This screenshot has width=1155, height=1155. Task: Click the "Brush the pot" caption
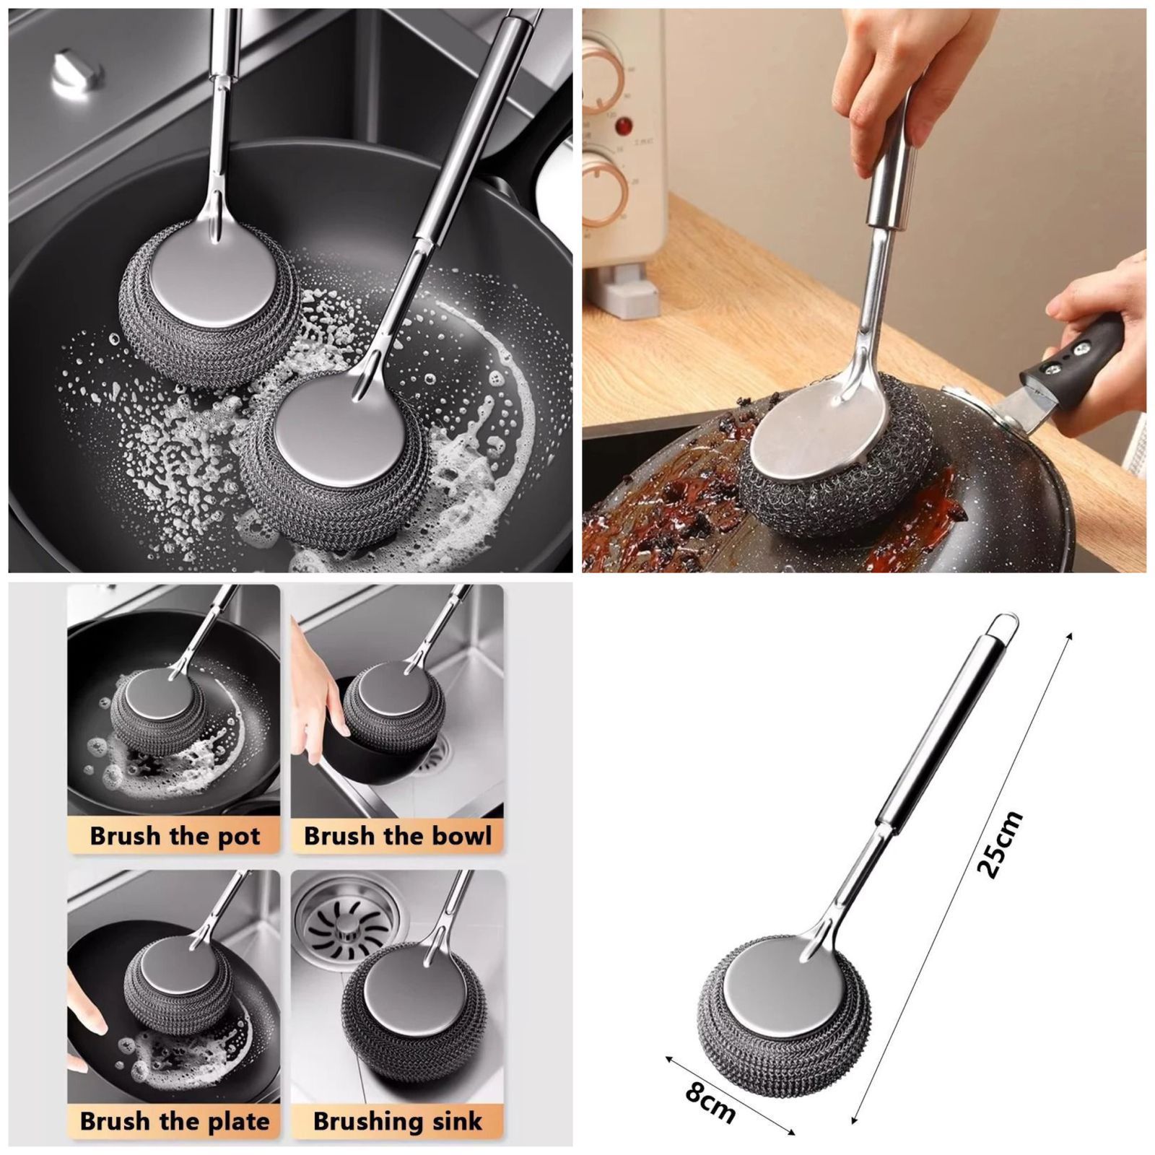[174, 836]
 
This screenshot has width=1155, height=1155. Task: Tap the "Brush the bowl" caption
[397, 836]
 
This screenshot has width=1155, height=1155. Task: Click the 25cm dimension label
[1001, 844]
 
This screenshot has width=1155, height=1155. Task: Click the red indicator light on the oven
[621, 126]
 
